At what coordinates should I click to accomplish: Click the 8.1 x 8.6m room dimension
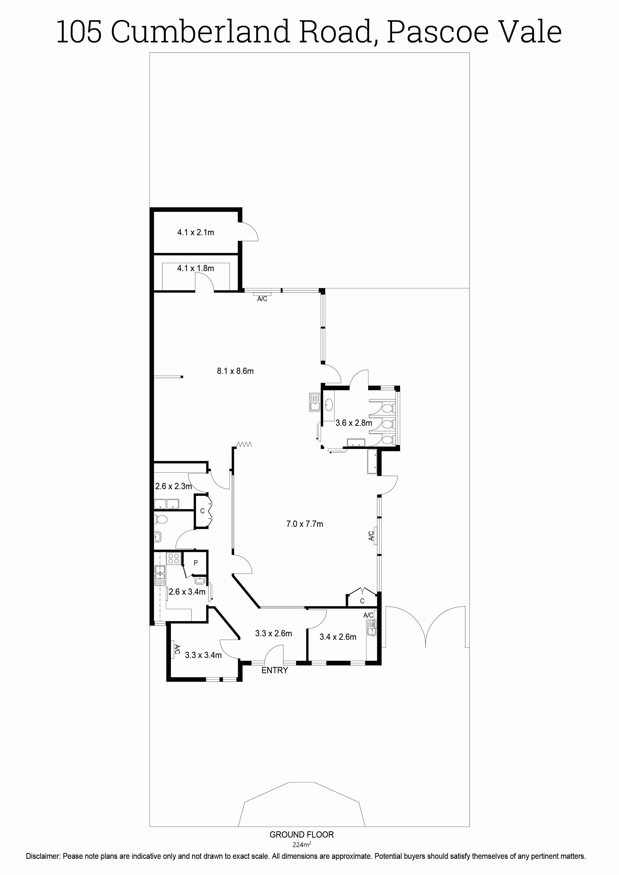[x=235, y=371]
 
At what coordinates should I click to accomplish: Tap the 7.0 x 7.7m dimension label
[x=305, y=524]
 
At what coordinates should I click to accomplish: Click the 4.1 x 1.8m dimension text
[x=196, y=268]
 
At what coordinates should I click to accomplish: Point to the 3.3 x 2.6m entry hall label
[x=274, y=633]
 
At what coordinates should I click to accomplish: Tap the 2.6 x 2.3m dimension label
[x=173, y=486]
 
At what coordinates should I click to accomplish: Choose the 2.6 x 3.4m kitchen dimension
[x=187, y=592]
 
